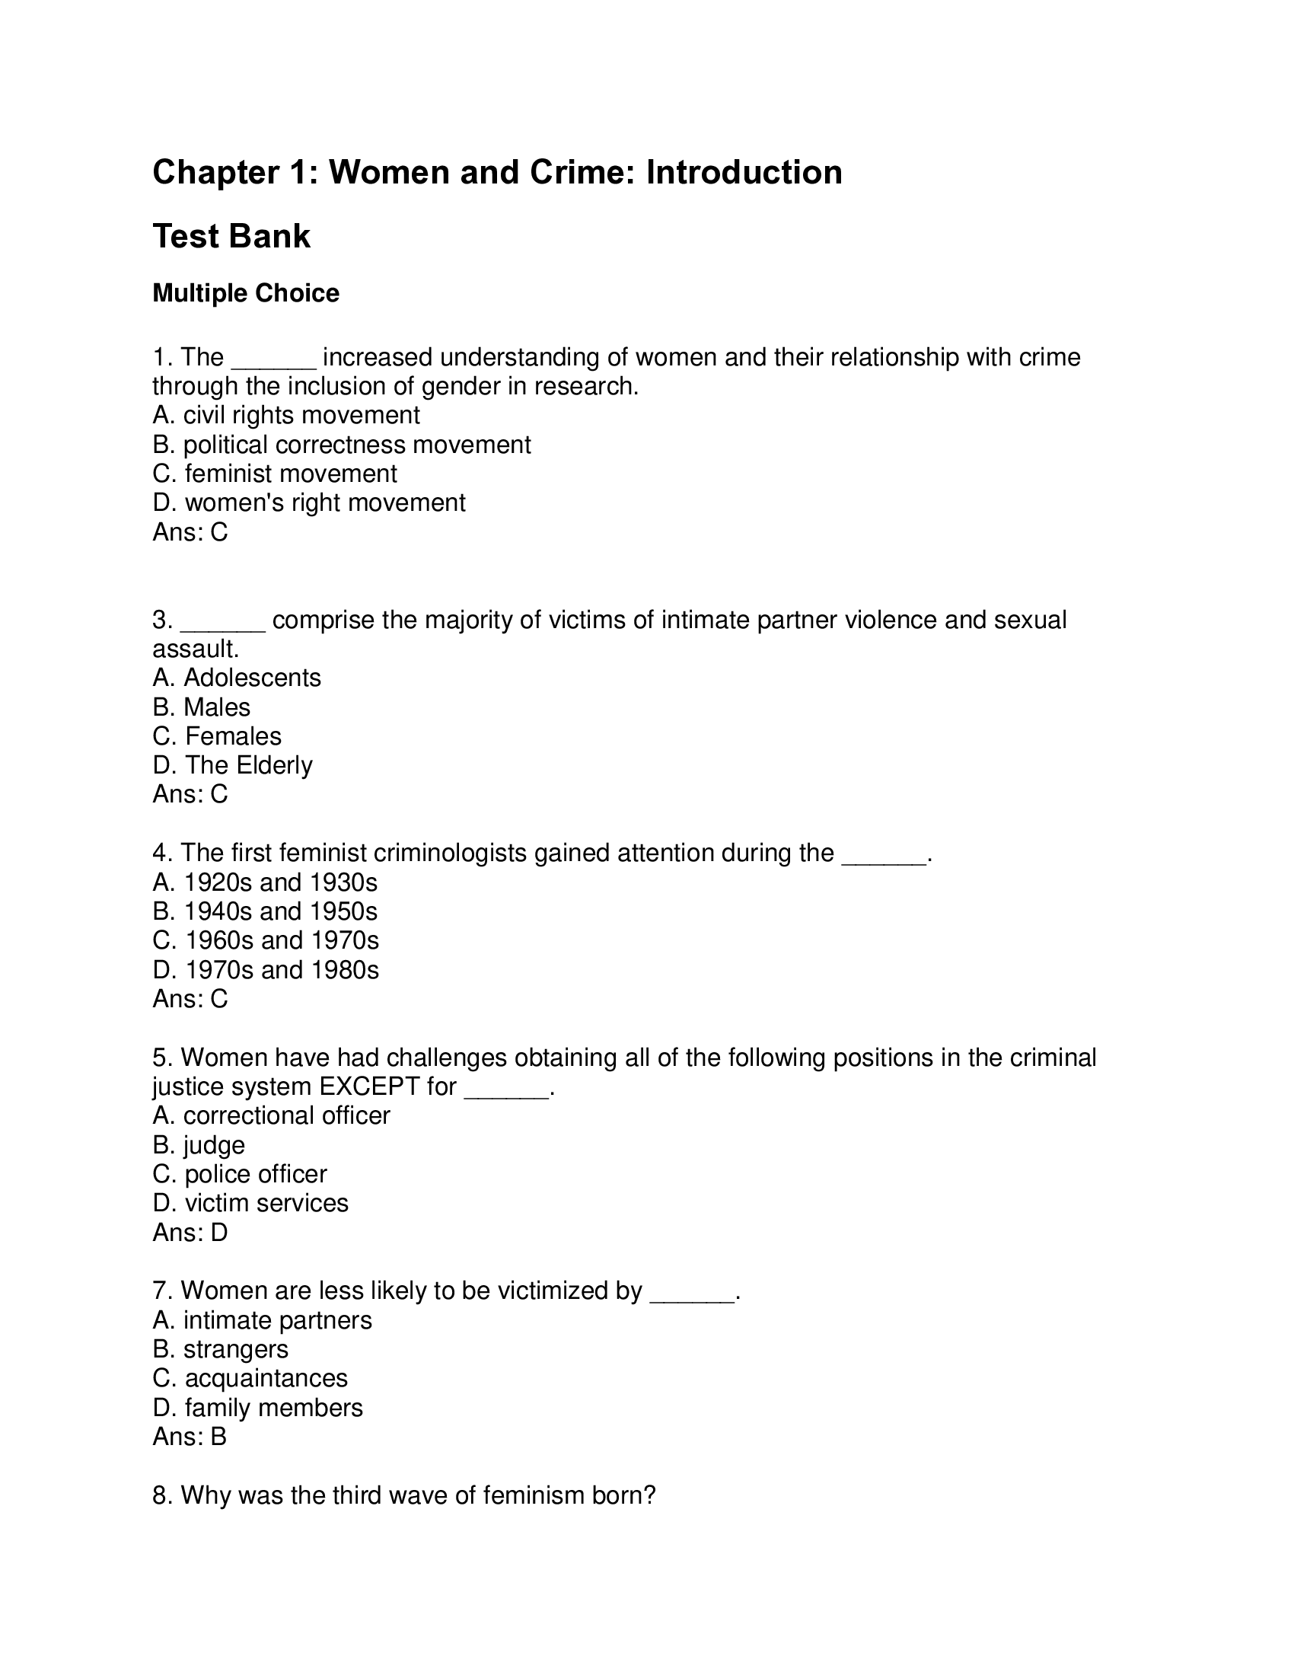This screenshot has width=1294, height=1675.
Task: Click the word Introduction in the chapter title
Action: coord(744,173)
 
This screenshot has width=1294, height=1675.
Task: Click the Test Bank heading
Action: coord(231,236)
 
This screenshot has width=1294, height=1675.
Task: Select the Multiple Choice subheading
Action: coord(245,293)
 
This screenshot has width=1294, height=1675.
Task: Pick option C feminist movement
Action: coord(275,474)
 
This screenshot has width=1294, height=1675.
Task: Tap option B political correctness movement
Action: coord(341,445)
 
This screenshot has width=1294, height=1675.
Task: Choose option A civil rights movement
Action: coord(286,416)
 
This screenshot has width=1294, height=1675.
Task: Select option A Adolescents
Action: coord(237,678)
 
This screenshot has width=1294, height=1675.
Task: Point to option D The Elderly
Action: coord(232,765)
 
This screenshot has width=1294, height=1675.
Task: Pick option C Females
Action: coord(217,736)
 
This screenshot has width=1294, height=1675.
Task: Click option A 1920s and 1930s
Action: coord(265,882)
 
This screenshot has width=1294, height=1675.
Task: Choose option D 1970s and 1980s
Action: coord(266,970)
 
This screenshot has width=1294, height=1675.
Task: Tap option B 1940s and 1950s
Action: coord(265,912)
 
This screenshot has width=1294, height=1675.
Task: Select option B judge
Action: coord(199,1145)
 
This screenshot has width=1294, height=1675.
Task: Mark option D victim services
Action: coord(250,1203)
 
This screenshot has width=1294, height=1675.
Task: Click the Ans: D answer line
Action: coord(190,1233)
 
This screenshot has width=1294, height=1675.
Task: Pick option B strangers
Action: coord(221,1349)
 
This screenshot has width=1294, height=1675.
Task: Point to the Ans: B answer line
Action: coord(190,1437)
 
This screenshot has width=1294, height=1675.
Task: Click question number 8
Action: coord(161,1495)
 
